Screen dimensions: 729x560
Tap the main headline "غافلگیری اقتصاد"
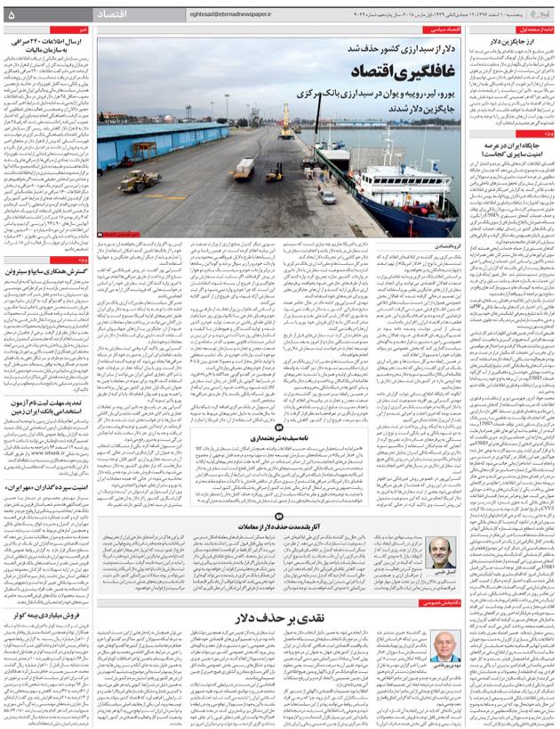click(x=355, y=69)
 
